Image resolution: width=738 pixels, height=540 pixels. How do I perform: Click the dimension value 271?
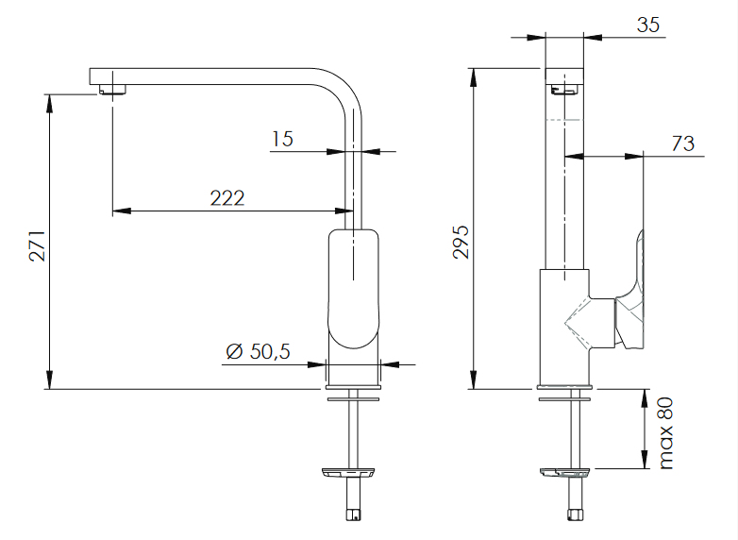click(x=38, y=245)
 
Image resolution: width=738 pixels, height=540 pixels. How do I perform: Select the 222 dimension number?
click(x=227, y=198)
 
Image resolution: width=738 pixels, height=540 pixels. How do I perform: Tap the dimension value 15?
click(x=282, y=139)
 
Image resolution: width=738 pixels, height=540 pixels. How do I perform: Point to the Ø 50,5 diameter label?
click(x=258, y=352)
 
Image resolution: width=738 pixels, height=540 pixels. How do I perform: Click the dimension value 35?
click(x=648, y=25)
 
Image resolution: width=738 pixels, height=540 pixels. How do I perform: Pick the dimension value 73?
click(x=683, y=143)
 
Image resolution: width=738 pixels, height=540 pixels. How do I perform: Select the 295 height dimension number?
click(x=461, y=242)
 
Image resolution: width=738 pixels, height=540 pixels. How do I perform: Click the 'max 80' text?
click(x=666, y=433)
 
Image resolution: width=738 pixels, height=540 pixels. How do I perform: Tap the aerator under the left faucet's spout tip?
click(x=112, y=90)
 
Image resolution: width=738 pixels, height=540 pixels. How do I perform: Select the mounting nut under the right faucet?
click(x=564, y=473)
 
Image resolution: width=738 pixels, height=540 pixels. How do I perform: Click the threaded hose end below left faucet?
click(x=354, y=515)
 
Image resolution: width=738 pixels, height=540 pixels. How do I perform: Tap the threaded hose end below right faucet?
click(x=575, y=515)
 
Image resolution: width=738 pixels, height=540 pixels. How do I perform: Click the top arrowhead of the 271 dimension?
click(x=49, y=104)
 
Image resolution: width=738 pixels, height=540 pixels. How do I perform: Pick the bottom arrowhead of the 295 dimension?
click(x=474, y=380)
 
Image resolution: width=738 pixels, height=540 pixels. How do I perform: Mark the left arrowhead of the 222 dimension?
click(x=122, y=211)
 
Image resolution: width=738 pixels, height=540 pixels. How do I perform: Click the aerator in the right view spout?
click(x=564, y=90)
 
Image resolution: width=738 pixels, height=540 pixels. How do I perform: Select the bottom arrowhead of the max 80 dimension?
click(x=645, y=460)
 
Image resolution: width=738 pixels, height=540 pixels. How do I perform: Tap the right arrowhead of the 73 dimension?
click(x=634, y=157)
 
